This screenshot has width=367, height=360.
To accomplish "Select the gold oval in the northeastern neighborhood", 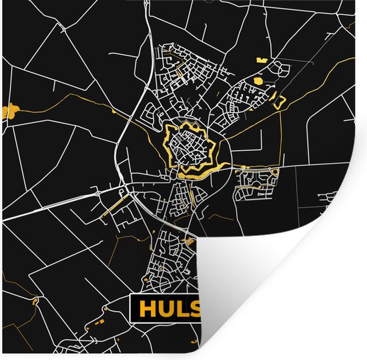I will tap(256, 79).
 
